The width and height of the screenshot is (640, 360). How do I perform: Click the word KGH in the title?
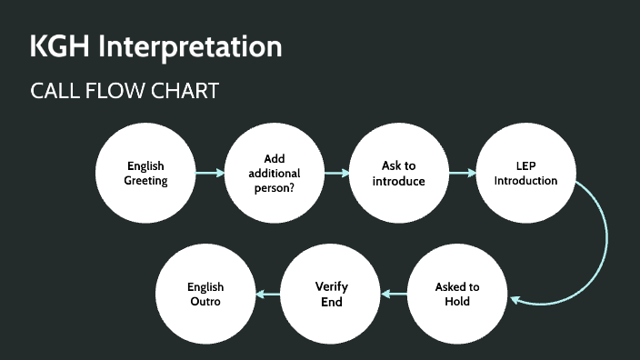[60, 46]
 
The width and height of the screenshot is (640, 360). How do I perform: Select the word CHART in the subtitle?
[186, 92]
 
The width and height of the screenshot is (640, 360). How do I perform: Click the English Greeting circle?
[145, 173]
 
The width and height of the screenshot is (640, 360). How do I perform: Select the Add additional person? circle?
[275, 173]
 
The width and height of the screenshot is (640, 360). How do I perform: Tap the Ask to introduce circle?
[398, 173]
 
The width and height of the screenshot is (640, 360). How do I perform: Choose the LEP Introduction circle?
[525, 173]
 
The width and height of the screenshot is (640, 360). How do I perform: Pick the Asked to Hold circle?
[457, 293]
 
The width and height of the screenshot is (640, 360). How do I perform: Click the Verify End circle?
[332, 293]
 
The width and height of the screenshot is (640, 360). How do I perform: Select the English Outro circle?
[205, 293]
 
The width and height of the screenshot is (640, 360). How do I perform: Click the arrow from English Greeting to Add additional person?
[210, 173]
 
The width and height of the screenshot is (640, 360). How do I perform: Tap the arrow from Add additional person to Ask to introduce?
[336, 173]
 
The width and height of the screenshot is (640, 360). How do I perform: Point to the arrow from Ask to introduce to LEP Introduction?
[462, 173]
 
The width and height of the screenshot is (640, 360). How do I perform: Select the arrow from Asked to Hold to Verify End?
[395, 294]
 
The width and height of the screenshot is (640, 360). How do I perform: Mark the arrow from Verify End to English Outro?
[268, 294]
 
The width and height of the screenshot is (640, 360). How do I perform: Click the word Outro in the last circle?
[205, 301]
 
